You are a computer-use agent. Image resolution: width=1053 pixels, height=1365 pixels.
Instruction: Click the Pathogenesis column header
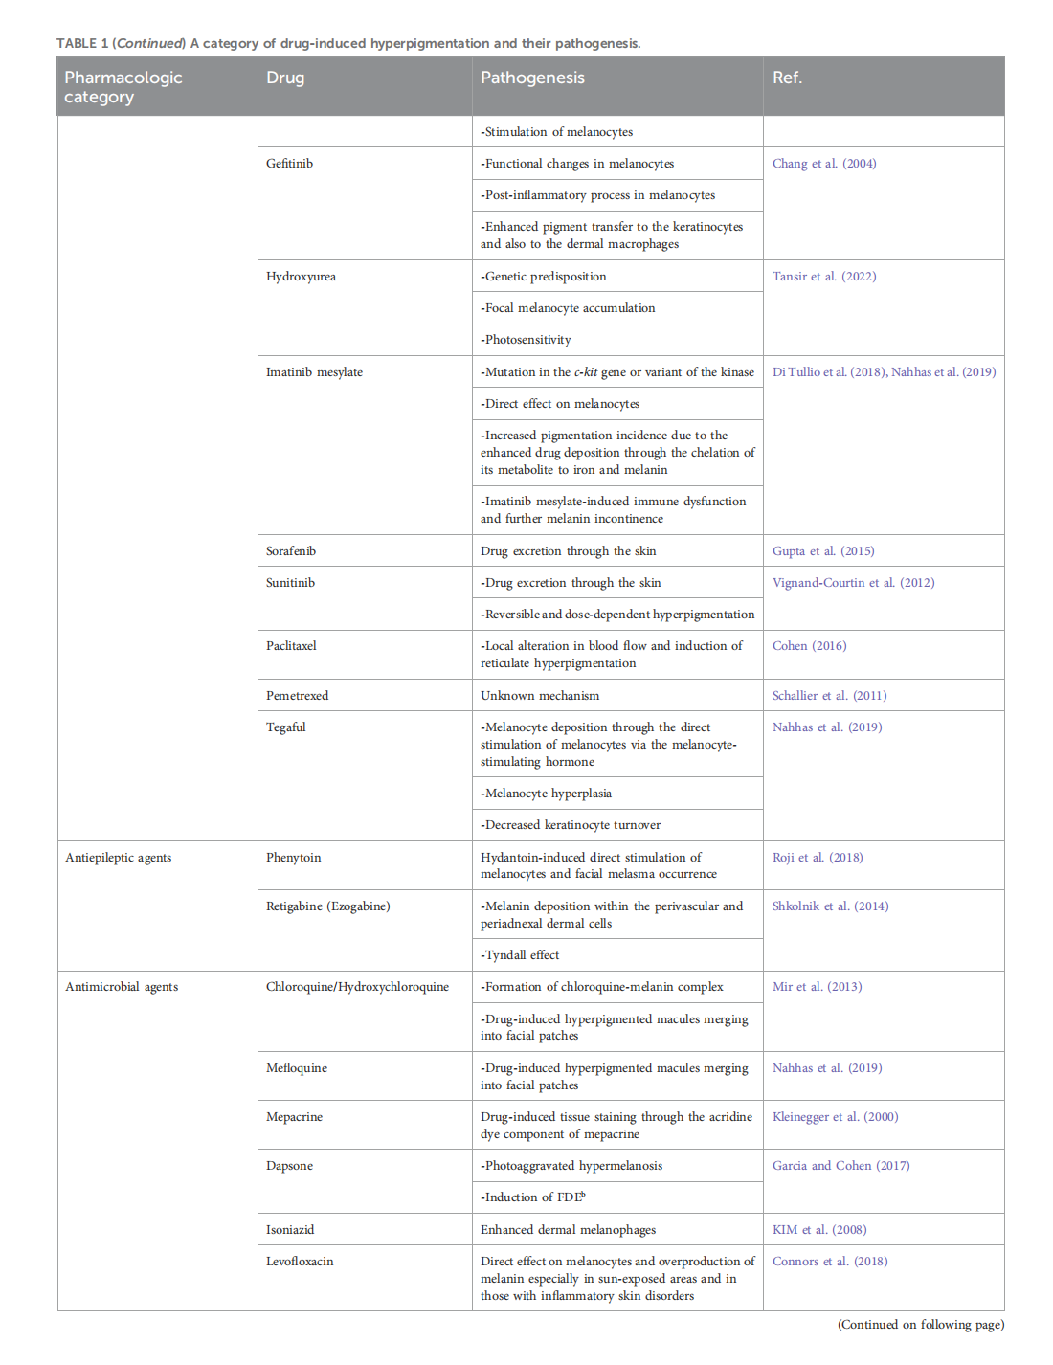tap(532, 78)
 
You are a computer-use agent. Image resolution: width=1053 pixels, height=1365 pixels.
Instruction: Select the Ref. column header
tap(787, 78)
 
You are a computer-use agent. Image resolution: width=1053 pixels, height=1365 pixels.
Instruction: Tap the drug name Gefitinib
tap(289, 164)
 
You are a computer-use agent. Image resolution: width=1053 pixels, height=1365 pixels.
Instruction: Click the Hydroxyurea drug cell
tap(301, 277)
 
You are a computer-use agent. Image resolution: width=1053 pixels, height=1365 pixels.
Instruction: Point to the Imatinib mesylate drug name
tap(314, 372)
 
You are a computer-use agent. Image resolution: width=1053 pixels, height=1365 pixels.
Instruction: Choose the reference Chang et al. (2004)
tap(824, 164)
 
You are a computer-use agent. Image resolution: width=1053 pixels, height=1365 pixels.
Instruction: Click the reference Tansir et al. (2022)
tap(824, 277)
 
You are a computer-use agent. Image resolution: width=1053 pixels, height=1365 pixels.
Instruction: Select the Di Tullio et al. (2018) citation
tap(829, 372)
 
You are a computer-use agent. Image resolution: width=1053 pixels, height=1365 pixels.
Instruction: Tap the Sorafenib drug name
tap(291, 551)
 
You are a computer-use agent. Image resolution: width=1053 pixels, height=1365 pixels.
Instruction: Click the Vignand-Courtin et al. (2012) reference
tap(853, 583)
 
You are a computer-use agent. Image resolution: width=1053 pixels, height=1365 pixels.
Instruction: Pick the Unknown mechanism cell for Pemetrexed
tap(540, 696)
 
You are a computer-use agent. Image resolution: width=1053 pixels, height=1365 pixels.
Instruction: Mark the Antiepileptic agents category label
tap(119, 858)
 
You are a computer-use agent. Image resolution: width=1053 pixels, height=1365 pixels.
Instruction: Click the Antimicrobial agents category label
tap(122, 987)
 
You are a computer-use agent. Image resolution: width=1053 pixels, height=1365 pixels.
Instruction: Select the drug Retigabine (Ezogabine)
tap(328, 906)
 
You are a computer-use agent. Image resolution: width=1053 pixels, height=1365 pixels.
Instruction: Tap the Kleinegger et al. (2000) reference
tap(835, 1117)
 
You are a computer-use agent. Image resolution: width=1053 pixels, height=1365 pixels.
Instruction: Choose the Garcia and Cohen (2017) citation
tap(840, 1166)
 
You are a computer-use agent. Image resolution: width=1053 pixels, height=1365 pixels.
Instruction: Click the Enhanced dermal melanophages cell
tap(568, 1230)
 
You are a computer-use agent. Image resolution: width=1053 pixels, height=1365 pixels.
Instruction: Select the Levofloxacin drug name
tap(300, 1262)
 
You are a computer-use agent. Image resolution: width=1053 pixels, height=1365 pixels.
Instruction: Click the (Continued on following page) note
tap(920, 1325)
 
